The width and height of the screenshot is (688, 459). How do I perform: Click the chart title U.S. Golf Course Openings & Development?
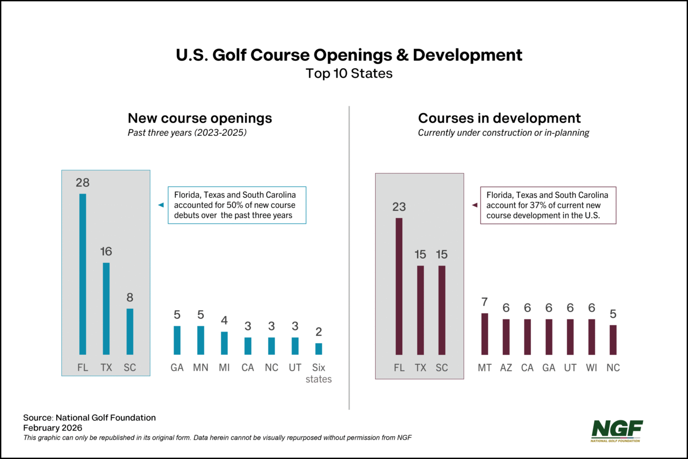click(349, 55)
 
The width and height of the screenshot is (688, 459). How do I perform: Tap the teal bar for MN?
click(201, 340)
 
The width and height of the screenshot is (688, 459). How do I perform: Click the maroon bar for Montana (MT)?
click(485, 334)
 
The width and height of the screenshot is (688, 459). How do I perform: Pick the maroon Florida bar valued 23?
click(399, 286)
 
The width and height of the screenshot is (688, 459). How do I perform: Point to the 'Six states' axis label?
click(319, 373)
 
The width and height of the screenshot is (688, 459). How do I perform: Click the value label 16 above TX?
click(106, 251)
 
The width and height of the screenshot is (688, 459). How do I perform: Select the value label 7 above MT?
click(485, 302)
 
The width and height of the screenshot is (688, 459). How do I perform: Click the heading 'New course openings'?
click(200, 118)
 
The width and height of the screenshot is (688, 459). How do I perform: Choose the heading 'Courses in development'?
click(499, 118)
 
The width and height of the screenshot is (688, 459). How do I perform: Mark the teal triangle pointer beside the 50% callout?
click(161, 205)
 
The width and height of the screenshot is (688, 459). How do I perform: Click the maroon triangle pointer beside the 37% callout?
click(474, 205)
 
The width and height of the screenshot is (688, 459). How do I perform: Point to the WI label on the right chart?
click(592, 368)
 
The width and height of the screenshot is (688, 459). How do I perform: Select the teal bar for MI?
click(224, 343)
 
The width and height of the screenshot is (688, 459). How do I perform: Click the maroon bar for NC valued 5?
click(613, 339)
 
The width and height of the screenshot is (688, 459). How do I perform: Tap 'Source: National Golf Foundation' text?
click(89, 418)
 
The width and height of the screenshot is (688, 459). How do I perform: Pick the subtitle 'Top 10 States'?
click(349, 74)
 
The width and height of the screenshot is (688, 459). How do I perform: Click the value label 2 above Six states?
click(319, 332)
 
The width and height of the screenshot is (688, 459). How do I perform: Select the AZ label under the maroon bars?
click(506, 368)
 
